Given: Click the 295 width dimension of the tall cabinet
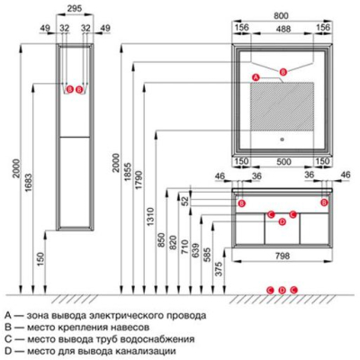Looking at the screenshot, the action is (x=74, y=8).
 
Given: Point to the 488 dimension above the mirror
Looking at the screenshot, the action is (x=283, y=29).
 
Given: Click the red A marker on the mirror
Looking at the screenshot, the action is (x=255, y=77).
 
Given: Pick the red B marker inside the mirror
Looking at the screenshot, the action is (x=283, y=72).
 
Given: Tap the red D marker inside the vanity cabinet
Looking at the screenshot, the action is (x=282, y=222).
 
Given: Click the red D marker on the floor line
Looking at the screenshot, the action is (x=282, y=290).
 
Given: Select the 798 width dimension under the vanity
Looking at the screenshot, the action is (x=282, y=256).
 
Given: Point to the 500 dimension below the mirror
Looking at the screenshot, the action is (x=283, y=162).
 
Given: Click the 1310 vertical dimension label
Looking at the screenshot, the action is (x=150, y=217).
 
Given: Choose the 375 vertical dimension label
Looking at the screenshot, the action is (x=220, y=269).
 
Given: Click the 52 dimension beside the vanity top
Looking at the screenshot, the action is (x=186, y=201).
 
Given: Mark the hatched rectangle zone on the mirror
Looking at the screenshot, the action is (x=283, y=106).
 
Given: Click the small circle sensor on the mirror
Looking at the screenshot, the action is (x=282, y=139).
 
